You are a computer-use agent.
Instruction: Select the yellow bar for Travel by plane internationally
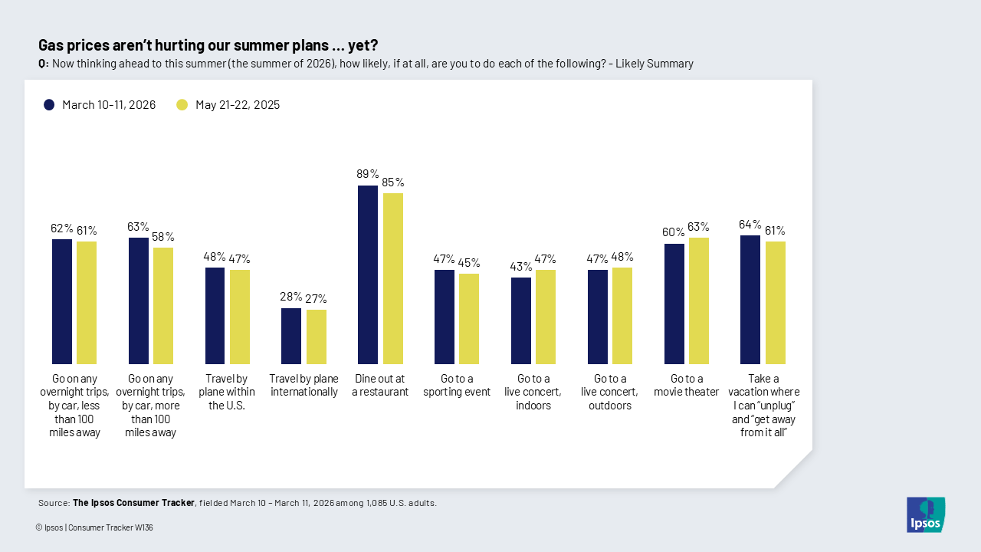[316, 337]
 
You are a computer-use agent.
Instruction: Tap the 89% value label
[368, 174]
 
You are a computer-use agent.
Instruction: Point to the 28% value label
[291, 297]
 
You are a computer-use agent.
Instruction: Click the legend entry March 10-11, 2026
[100, 105]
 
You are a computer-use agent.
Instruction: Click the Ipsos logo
[926, 514]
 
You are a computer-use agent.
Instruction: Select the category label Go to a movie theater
[687, 385]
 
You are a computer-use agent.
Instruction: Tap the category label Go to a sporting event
[457, 385]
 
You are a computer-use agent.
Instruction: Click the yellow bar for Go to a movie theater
[699, 301]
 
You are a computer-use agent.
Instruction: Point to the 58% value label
[163, 237]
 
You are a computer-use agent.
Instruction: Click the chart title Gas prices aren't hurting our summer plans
[208, 45]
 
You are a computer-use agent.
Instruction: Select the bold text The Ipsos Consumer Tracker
[133, 503]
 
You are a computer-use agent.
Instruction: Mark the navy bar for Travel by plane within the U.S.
[215, 316]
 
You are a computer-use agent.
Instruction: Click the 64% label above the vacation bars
[750, 225]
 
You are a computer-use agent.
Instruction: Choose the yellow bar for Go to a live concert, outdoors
[622, 316]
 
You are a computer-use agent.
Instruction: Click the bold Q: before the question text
[44, 64]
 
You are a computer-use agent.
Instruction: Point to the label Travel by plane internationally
[303, 385]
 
